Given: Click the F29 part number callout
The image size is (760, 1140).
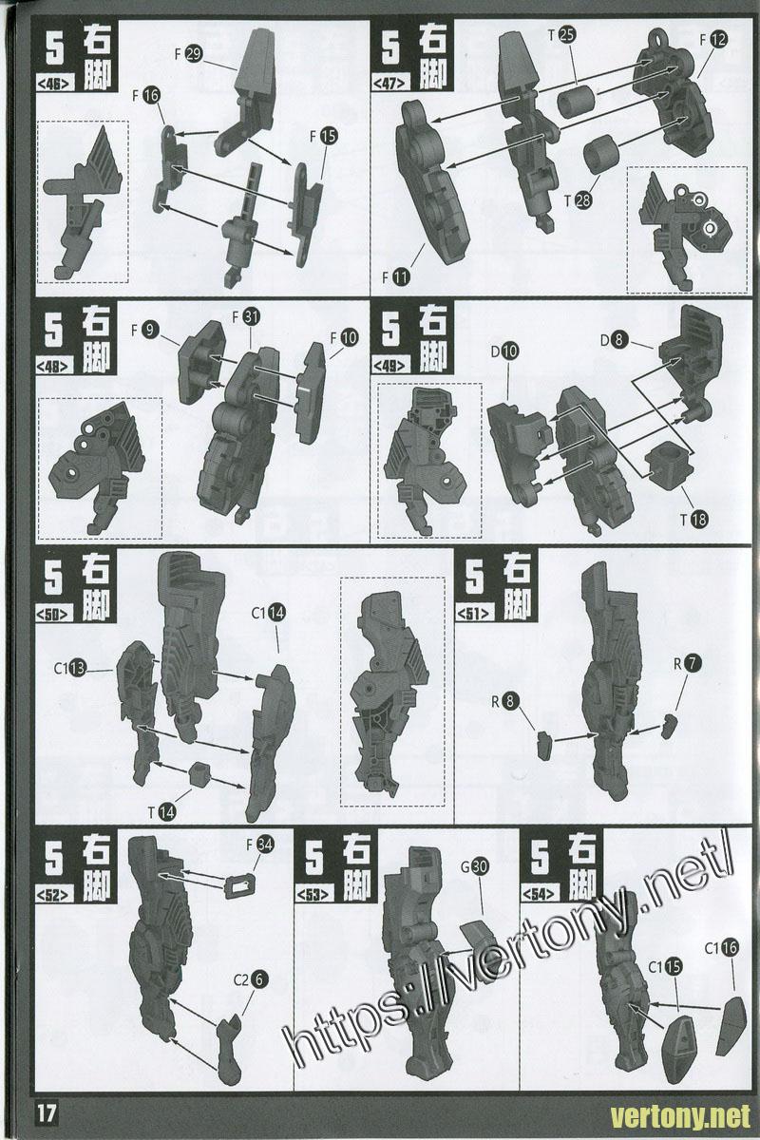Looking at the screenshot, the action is click(x=188, y=54).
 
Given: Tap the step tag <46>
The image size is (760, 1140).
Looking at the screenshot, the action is click(x=54, y=84).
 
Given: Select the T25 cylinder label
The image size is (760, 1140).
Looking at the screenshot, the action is click(x=561, y=35).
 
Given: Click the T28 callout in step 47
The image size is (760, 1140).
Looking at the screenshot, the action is click(x=578, y=200).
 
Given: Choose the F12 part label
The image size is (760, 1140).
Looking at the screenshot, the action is click(x=713, y=40).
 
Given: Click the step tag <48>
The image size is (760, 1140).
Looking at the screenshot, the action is click(x=54, y=366).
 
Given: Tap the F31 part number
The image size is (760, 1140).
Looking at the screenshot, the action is click(x=246, y=317).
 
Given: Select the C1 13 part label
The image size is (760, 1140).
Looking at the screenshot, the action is click(x=70, y=668).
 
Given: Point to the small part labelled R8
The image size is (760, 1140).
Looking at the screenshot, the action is click(x=544, y=746).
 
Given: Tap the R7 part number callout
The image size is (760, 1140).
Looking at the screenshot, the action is click(x=687, y=663).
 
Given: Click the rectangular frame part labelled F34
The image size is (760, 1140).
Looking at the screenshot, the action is click(x=240, y=887).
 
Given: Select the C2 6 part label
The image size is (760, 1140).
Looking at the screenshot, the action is click(x=251, y=979).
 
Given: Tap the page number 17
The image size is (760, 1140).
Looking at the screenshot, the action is click(x=46, y=1114).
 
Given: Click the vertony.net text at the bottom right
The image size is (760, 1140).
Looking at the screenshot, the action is click(x=680, y=1116).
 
